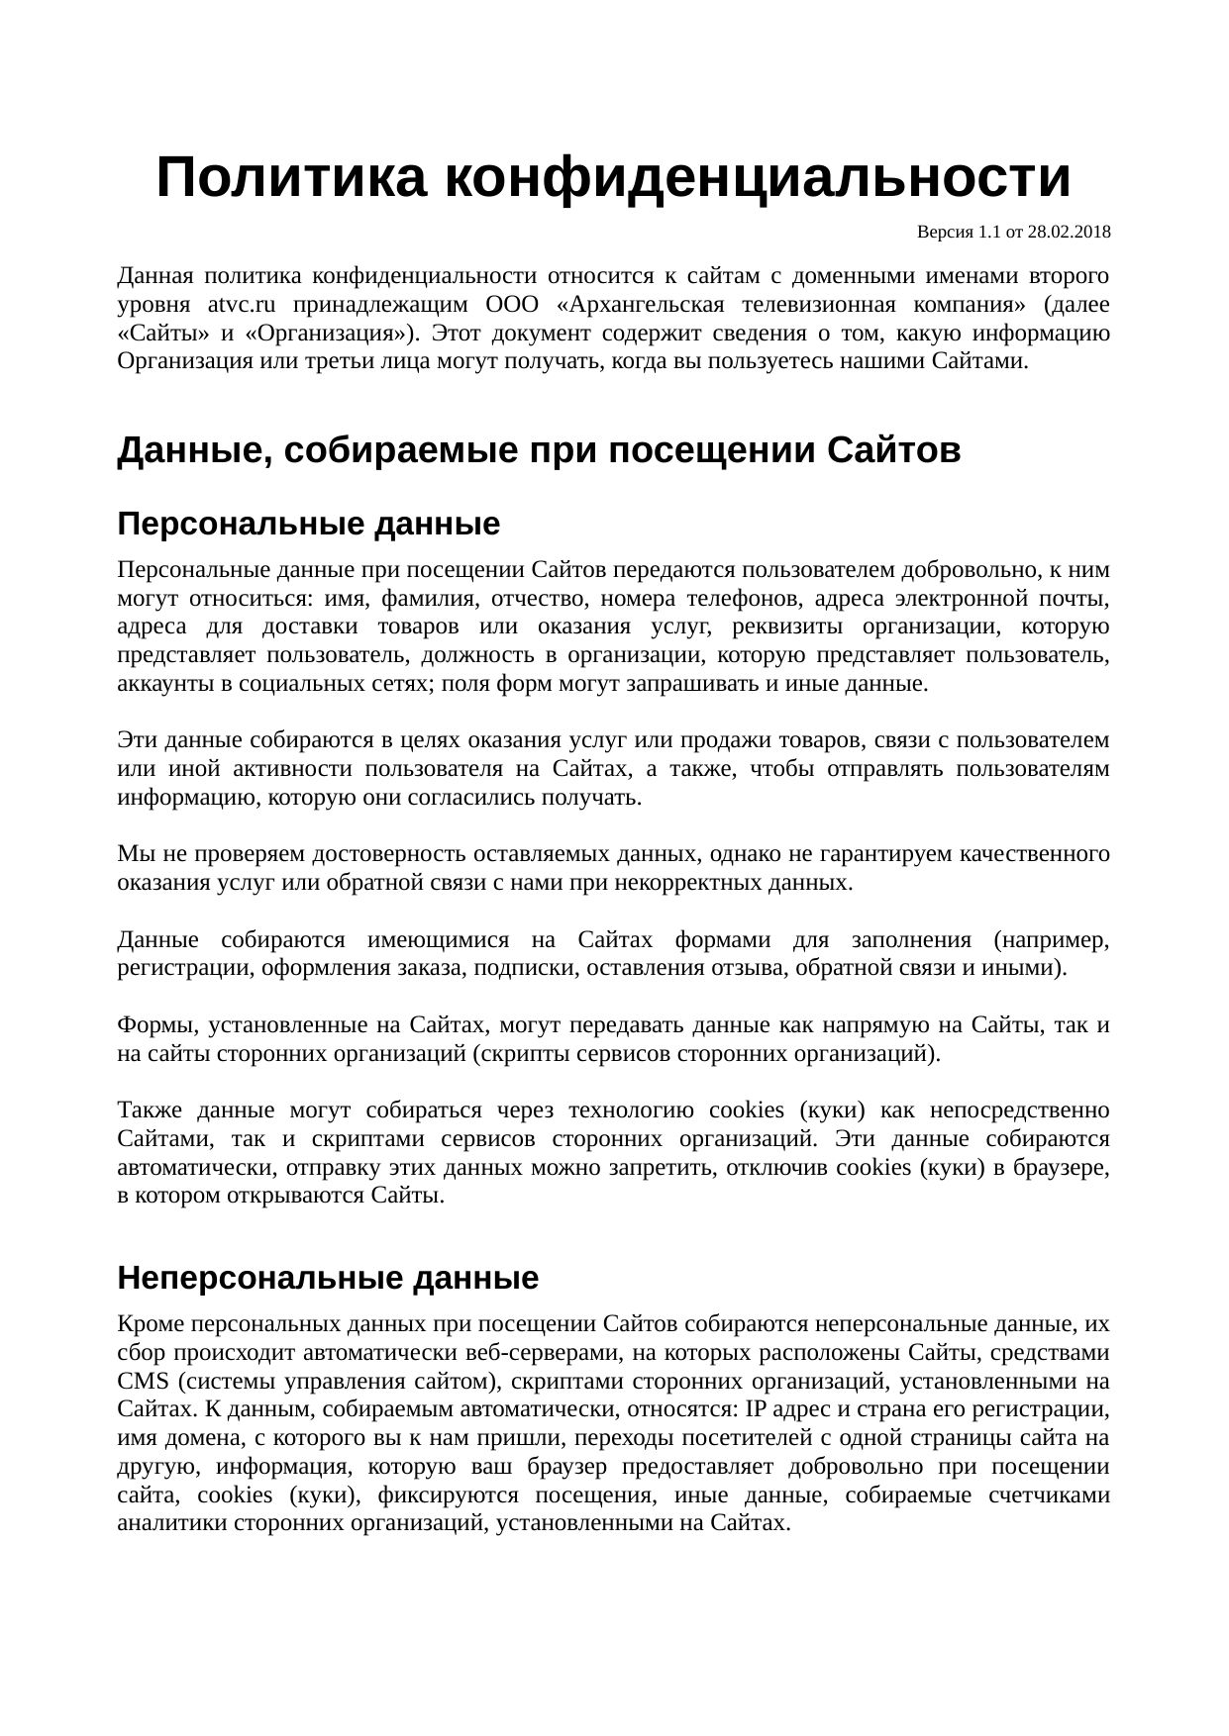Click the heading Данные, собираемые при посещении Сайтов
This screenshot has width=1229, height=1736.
(539, 451)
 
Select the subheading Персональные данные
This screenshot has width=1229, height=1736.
(308, 524)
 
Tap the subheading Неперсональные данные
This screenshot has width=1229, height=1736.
(328, 1278)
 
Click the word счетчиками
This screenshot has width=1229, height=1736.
(1049, 1495)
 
